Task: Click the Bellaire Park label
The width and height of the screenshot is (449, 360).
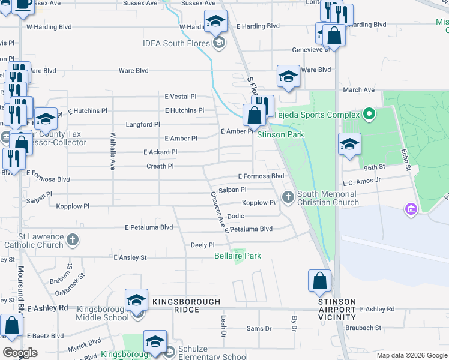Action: click(x=238, y=256)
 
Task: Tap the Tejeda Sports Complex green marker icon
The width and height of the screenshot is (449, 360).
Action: click(x=370, y=114)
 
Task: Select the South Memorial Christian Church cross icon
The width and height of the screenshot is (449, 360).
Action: click(x=288, y=196)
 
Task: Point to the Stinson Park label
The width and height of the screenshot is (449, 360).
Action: click(x=277, y=135)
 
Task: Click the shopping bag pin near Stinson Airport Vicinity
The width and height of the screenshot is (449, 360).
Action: click(x=319, y=280)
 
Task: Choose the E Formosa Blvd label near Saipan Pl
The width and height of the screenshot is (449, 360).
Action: click(x=261, y=176)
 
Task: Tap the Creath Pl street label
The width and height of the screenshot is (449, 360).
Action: click(x=160, y=166)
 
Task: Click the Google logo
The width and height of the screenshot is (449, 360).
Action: click(x=20, y=352)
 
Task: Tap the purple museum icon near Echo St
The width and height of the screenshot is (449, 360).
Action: click(x=411, y=209)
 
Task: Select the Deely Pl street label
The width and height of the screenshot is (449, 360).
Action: click(x=202, y=245)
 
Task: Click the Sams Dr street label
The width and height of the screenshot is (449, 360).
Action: click(x=259, y=328)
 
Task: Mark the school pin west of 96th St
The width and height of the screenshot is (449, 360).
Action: click(x=349, y=144)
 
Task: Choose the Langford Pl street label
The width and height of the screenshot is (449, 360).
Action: click(x=143, y=124)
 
